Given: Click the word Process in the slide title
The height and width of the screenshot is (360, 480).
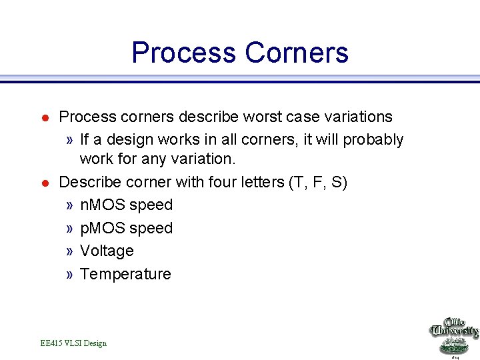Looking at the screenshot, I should click(183, 53).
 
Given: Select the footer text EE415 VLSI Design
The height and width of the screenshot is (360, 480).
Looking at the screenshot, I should click(73, 343).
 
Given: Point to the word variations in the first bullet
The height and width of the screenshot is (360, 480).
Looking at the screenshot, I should click(359, 117).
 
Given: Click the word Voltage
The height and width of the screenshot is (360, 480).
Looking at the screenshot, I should click(107, 251).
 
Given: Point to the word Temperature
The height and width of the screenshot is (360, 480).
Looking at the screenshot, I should click(125, 274).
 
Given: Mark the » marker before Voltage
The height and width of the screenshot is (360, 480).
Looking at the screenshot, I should click(70, 251).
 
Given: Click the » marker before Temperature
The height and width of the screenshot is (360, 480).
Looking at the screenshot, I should click(70, 275).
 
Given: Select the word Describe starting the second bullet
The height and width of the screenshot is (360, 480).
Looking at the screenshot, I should click(87, 182).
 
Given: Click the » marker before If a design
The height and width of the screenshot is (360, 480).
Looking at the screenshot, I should click(70, 141).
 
